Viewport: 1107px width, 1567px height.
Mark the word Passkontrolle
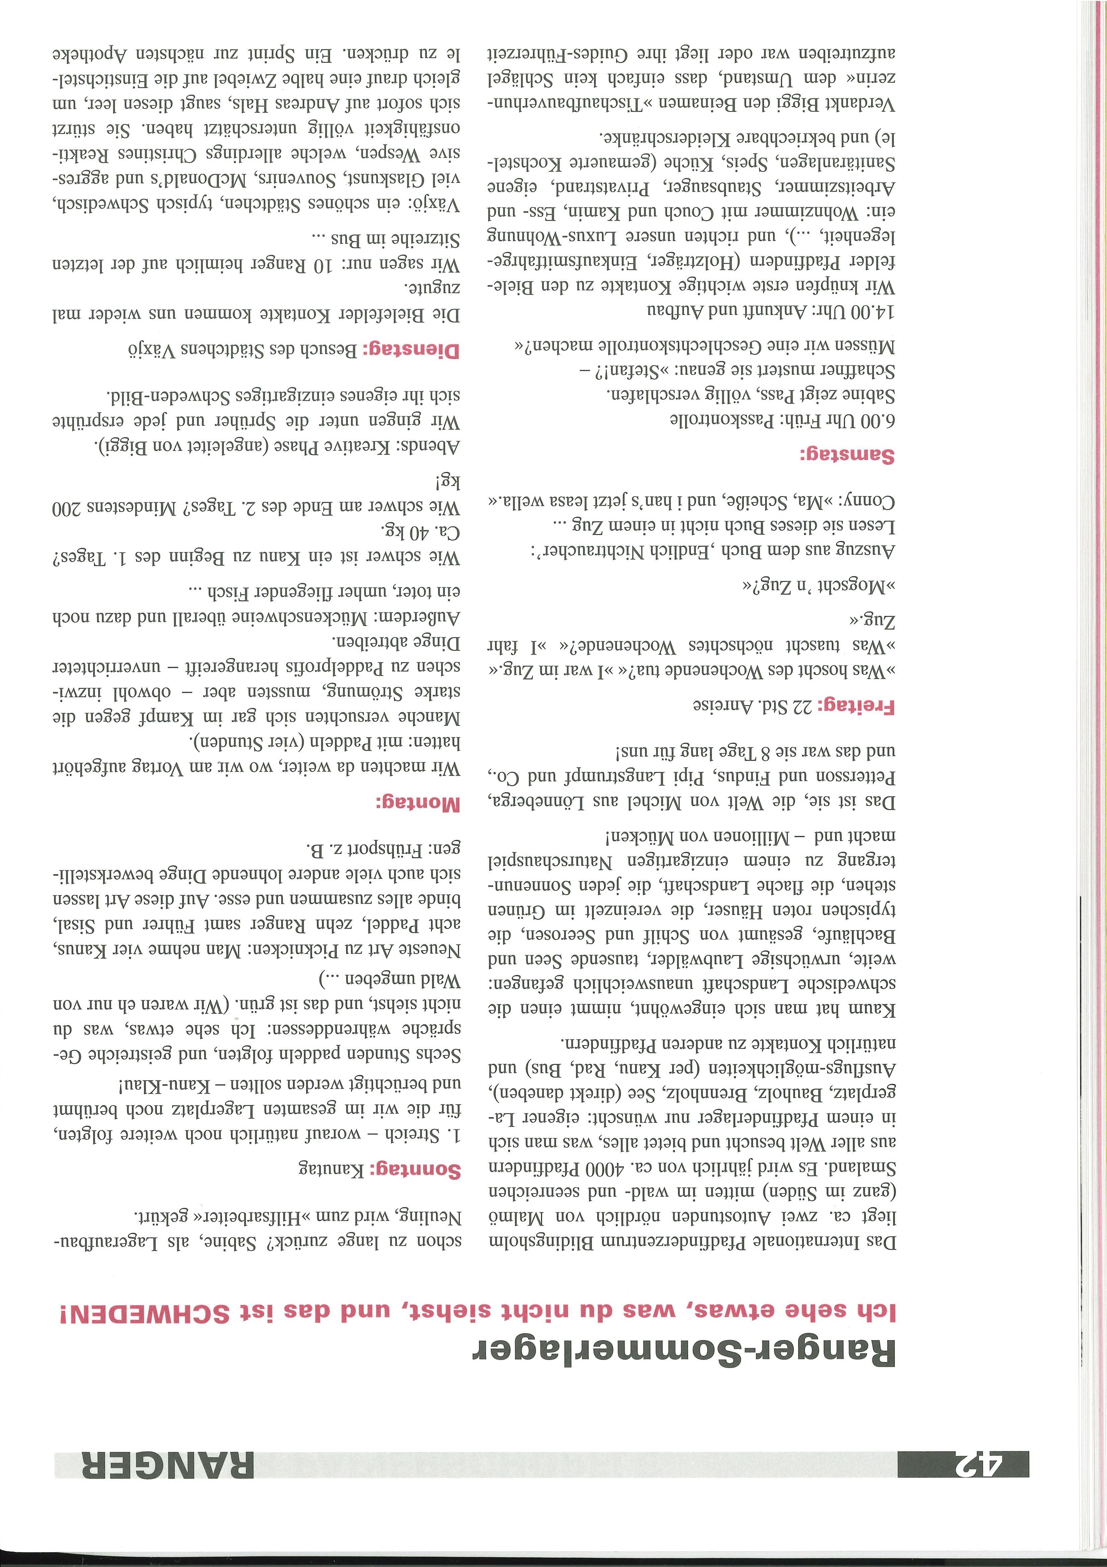(x=713, y=422)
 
